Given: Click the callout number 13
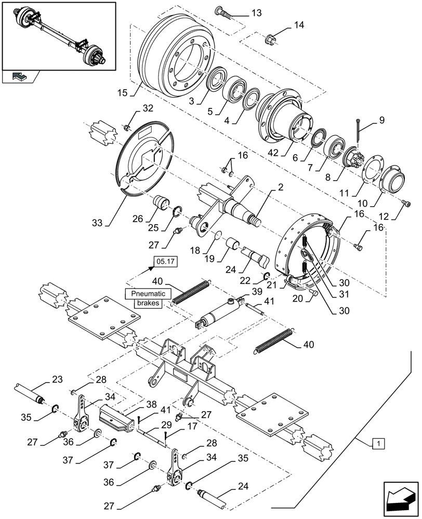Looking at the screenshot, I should pyautogui.click(x=257, y=12).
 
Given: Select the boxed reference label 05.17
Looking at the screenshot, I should pyautogui.click(x=166, y=262).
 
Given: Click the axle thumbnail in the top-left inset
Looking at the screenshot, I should pyautogui.click(x=59, y=35).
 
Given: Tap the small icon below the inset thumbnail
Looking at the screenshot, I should pyautogui.click(x=20, y=77).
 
